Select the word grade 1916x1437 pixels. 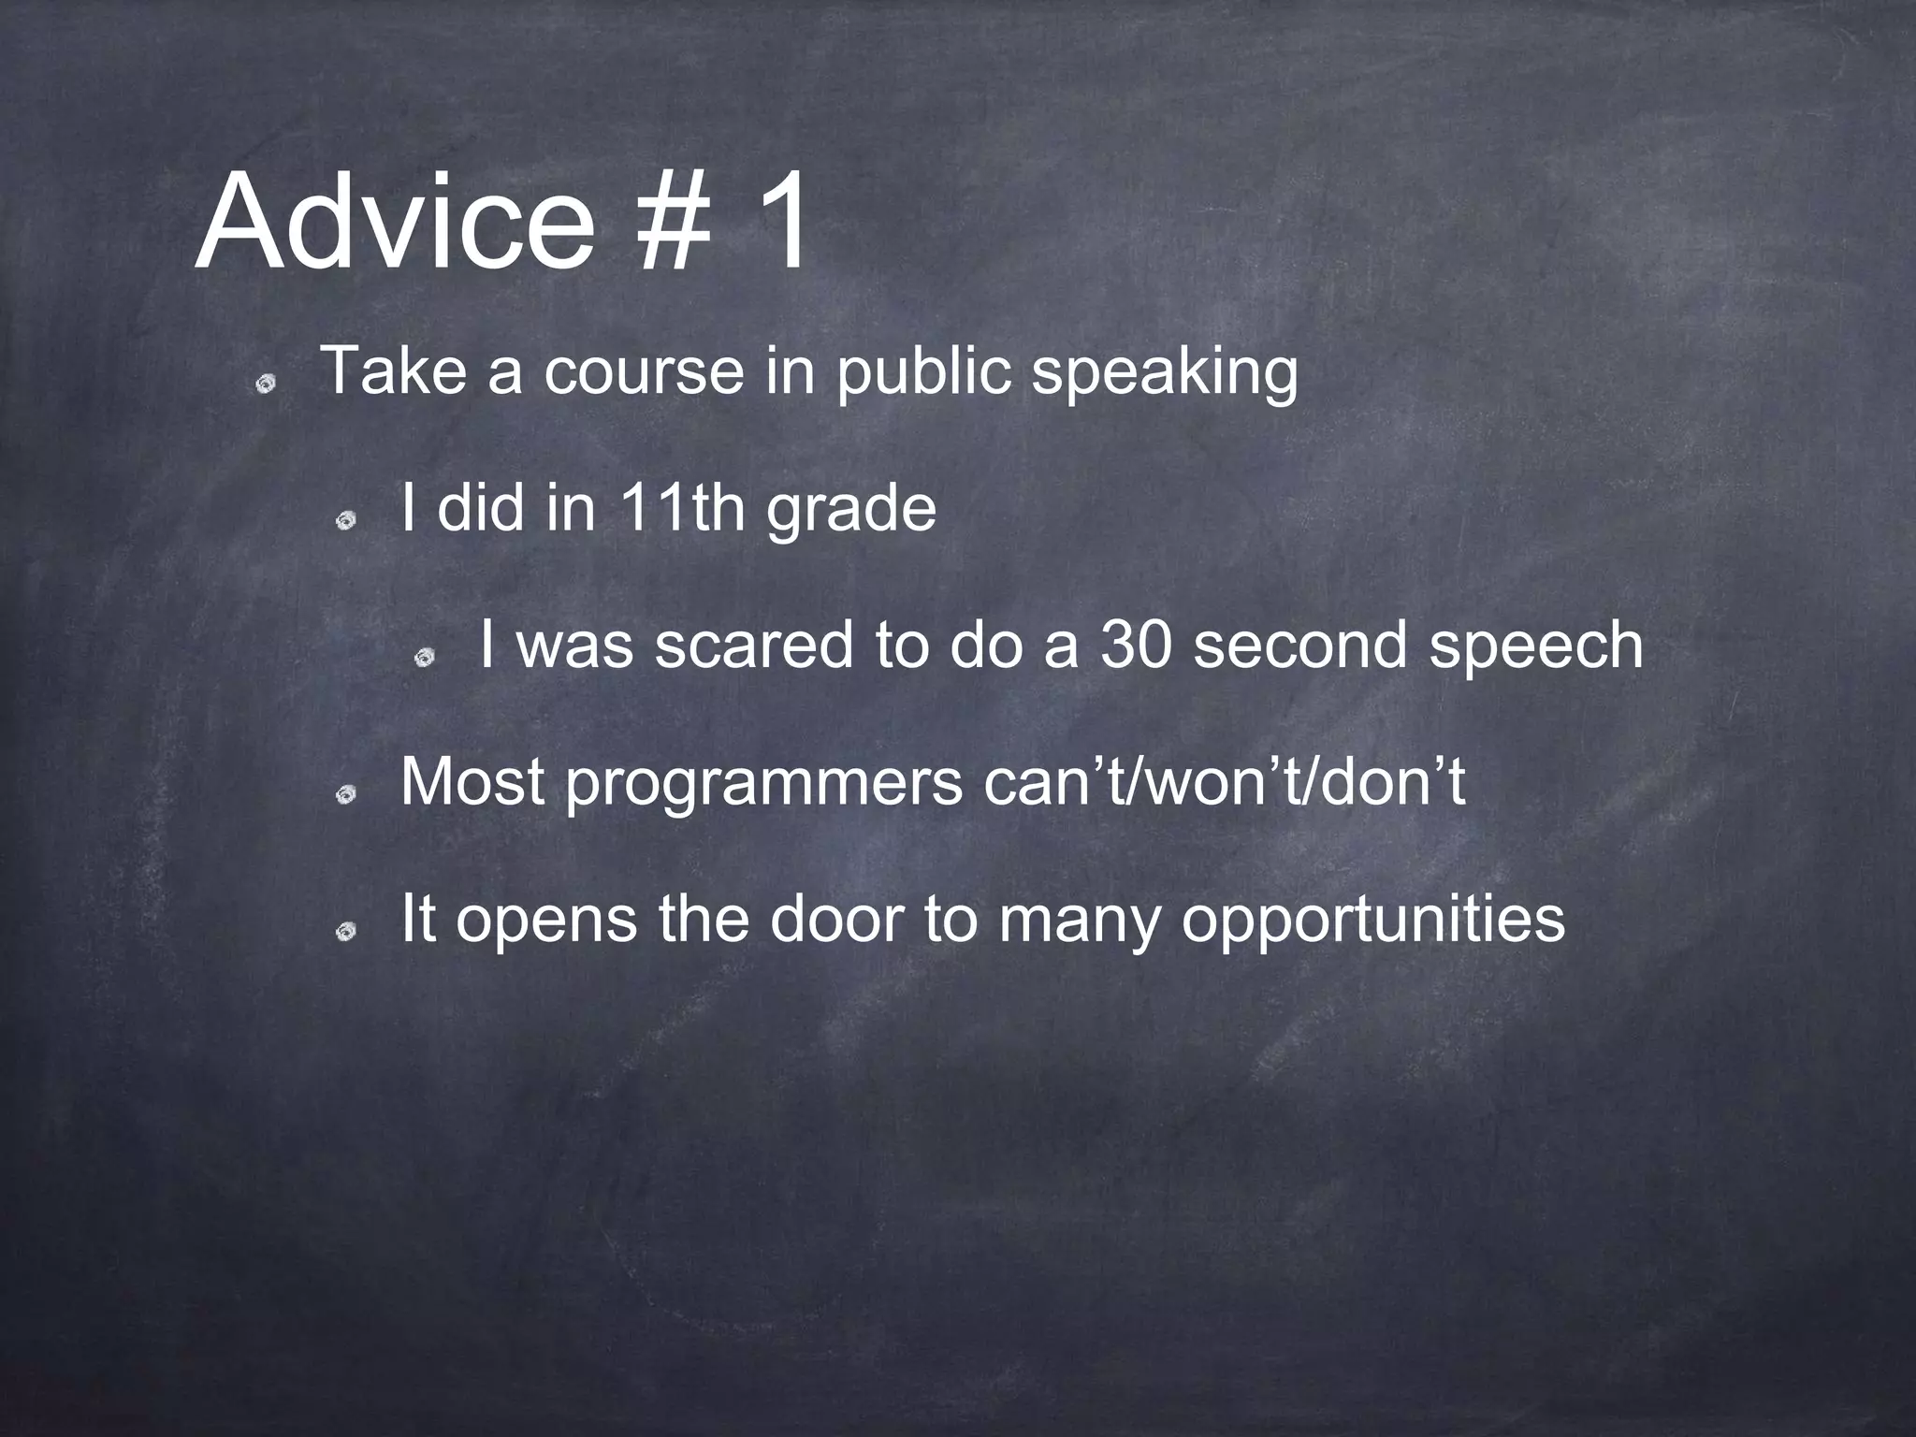[x=851, y=511]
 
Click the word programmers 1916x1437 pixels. [x=763, y=784]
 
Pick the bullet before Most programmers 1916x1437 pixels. [x=346, y=794]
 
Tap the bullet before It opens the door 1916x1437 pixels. [x=346, y=931]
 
